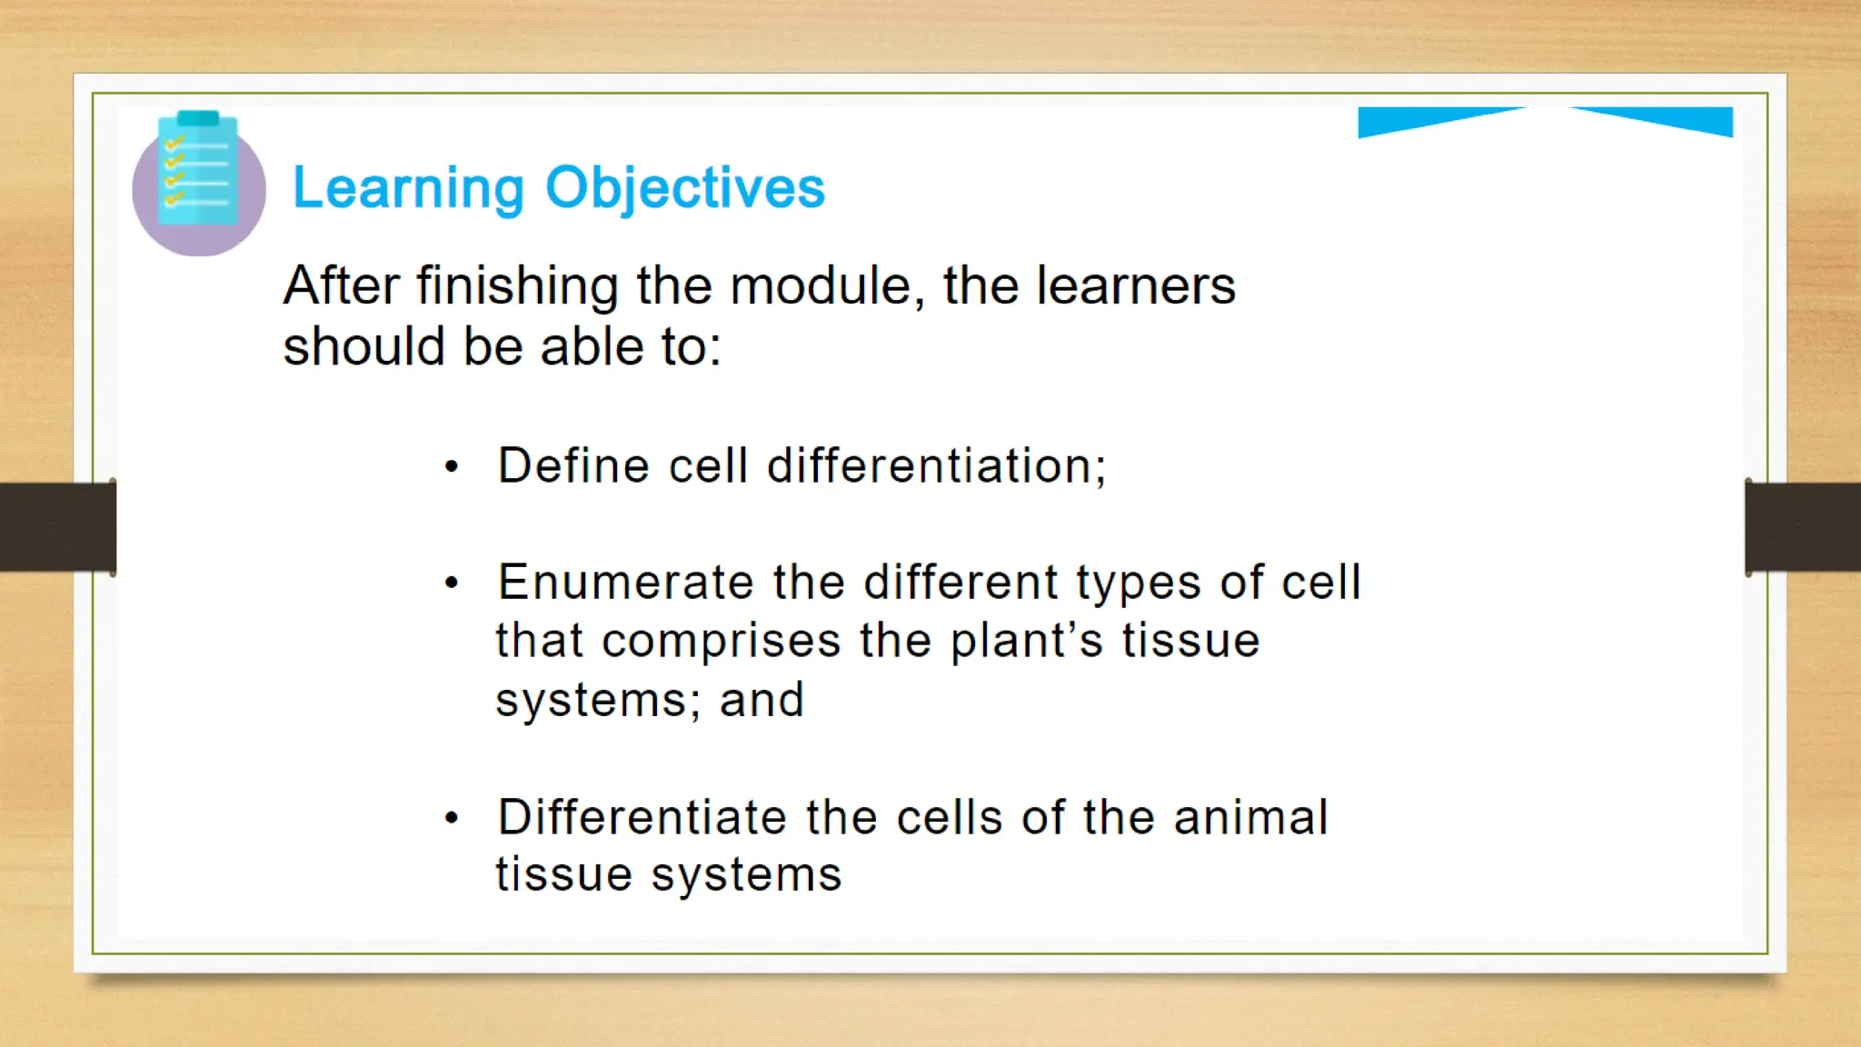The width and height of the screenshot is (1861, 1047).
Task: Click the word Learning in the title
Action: (408, 188)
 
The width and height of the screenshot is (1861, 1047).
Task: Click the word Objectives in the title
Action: (684, 188)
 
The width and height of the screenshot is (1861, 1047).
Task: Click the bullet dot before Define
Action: (452, 468)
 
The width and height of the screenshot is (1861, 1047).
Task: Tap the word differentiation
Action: (936, 466)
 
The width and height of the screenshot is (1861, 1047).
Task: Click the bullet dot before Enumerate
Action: (452, 583)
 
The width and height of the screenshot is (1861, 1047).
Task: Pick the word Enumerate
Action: (625, 583)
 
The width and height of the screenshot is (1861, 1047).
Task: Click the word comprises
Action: (722, 642)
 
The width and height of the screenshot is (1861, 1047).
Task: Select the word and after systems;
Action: (761, 701)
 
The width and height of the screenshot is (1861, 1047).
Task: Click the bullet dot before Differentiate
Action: (452, 819)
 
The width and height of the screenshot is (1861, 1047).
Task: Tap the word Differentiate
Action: (642, 817)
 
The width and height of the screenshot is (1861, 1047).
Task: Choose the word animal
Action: (1250, 817)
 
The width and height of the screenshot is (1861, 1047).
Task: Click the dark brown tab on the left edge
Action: (56, 527)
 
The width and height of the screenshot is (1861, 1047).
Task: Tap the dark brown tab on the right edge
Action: (1803, 527)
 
